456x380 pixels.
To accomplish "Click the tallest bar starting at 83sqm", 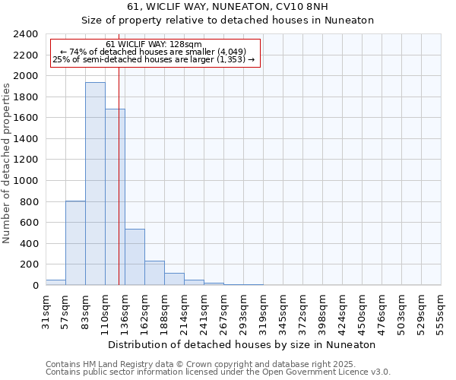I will click(x=95, y=184).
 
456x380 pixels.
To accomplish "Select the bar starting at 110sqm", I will click(x=115, y=198).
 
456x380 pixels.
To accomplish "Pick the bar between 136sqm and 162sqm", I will click(x=135, y=257).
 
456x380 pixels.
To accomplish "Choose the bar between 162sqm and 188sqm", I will click(x=154, y=273).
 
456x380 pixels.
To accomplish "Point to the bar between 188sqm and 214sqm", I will click(x=174, y=279).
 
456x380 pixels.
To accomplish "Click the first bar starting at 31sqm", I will click(x=55, y=282).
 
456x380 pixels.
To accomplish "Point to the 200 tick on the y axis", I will click(x=30, y=264).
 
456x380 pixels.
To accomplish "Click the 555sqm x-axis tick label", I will click(x=441, y=311).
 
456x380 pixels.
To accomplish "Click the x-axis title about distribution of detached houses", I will click(x=242, y=344).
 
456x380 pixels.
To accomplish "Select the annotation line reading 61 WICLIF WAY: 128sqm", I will click(x=154, y=44).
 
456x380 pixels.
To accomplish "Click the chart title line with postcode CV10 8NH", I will click(x=228, y=7).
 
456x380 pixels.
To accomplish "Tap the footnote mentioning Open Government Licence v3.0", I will click(x=218, y=372).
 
